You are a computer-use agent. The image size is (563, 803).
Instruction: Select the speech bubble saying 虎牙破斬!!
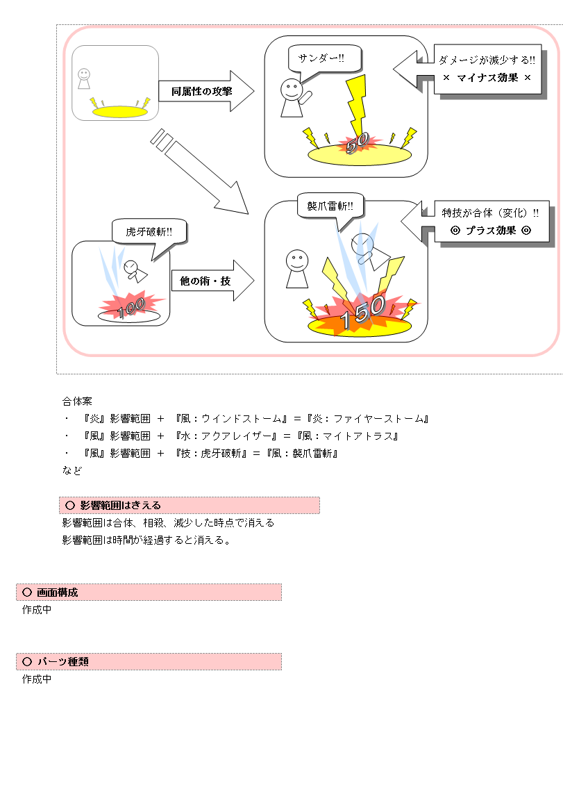pos(149,232)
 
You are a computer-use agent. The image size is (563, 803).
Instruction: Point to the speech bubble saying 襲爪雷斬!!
pos(330,207)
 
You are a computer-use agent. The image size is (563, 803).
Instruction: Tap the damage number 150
pos(361,314)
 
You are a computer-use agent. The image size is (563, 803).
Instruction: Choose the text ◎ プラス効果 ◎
pos(491,231)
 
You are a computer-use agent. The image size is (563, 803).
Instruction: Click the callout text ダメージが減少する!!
pos(487,60)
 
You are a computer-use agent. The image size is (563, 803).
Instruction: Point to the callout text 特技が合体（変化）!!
pos(490,213)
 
